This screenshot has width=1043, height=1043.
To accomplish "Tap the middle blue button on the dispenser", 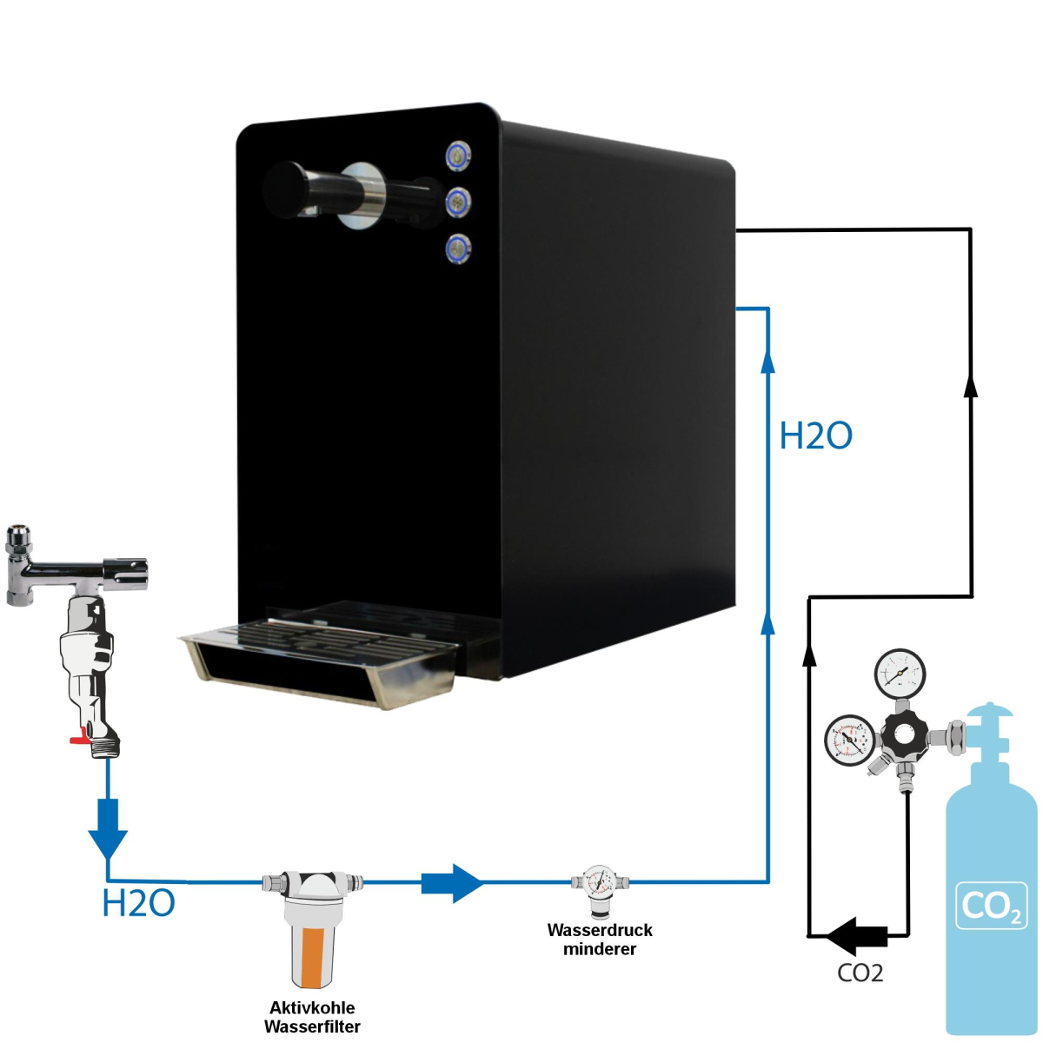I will point(458,203).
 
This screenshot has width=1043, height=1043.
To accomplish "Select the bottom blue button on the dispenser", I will point(458,249).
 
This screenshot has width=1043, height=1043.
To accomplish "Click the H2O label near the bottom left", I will point(139,904).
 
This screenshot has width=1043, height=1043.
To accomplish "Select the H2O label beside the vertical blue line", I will point(815,435).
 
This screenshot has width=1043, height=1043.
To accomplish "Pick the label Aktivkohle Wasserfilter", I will point(312,1017).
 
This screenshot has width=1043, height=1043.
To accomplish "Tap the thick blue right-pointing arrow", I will point(452,883).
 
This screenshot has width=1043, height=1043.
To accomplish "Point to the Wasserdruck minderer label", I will point(600,939).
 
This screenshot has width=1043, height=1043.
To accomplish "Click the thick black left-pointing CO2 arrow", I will point(855,936).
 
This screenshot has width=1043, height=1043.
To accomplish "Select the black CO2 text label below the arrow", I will point(860,973).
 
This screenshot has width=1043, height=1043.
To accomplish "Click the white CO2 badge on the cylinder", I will point(991,907).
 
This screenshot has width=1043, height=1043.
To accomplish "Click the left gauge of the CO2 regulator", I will point(849,740).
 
